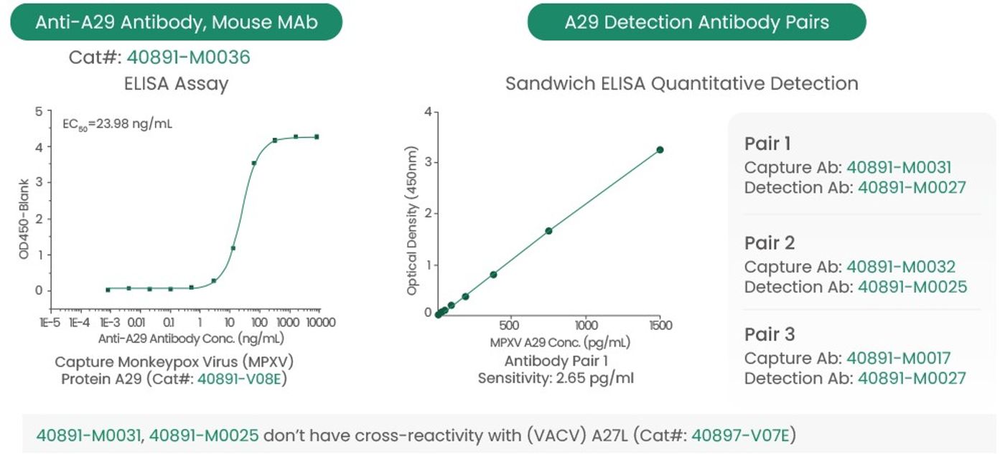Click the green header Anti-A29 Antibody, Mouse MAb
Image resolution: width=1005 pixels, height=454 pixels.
coord(177,22)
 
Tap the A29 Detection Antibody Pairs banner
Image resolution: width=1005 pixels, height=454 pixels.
coord(696,22)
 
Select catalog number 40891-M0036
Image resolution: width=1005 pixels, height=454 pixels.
coord(188,57)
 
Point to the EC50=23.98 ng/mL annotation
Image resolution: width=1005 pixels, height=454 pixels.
coord(117,124)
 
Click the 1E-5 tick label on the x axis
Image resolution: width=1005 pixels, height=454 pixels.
coord(50,322)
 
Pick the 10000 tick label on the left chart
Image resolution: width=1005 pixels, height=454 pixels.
coord(321,322)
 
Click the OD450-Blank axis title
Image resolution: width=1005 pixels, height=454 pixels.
coord(24,219)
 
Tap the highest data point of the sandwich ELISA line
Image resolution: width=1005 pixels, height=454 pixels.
coord(660,150)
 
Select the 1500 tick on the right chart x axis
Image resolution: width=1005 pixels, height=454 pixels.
coord(660,325)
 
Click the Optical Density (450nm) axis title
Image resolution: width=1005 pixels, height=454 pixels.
coord(411,220)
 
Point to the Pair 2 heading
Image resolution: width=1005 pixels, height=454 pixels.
coord(770,243)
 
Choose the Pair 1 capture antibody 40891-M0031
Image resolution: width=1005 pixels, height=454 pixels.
coord(899,167)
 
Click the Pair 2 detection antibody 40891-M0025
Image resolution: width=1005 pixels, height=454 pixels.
coord(912,287)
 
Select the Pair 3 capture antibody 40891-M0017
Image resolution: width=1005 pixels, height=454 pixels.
coord(898,358)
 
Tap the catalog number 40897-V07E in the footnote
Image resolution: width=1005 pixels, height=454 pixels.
coord(740,435)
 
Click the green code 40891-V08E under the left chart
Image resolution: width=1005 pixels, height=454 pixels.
coord(239,379)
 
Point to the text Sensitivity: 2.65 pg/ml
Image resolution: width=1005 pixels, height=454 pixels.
coord(556,378)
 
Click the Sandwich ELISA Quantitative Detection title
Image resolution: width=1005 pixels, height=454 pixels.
coord(682,84)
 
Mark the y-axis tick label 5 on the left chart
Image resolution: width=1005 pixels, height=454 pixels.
coord(39,111)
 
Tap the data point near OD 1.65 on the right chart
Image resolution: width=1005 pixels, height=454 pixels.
coord(548,231)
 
